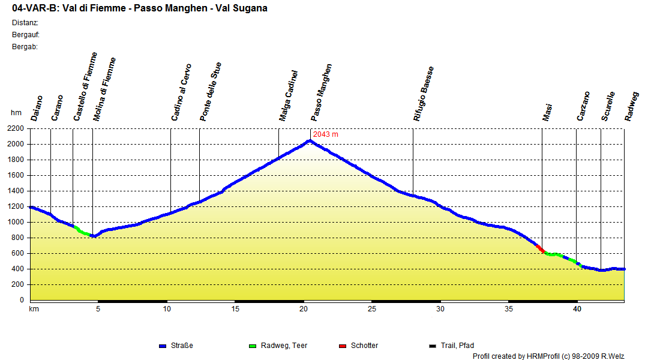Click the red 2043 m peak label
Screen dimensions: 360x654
[326, 134]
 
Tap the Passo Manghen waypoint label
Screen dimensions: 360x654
[321, 92]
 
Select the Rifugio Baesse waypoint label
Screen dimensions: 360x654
[423, 94]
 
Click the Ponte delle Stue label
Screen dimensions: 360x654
[211, 92]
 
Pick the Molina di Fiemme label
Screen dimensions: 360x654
[104, 89]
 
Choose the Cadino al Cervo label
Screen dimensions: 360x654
[181, 92]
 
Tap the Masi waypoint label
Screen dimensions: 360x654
[547, 112]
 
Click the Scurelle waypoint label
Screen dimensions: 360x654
[608, 106]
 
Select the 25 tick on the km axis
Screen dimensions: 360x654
[372, 309]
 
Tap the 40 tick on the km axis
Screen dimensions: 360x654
[577, 309]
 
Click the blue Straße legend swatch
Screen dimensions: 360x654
[162, 346]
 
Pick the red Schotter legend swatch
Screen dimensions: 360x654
[343, 346]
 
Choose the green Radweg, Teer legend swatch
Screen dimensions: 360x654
[252, 346]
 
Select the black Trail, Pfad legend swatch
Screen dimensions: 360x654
[432, 346]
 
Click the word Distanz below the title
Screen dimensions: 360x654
[25, 23]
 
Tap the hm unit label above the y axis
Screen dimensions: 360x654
[16, 113]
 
